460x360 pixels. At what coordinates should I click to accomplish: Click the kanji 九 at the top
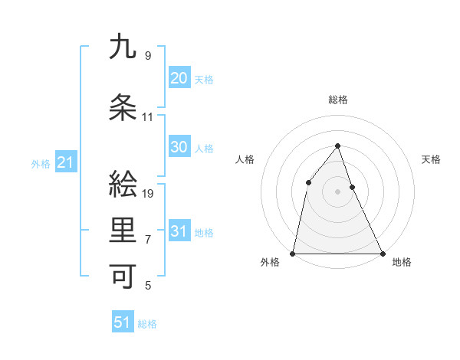(123, 47)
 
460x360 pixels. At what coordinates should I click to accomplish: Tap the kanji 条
(123, 108)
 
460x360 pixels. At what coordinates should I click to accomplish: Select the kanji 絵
(123, 184)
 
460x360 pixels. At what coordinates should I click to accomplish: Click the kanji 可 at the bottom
(123, 277)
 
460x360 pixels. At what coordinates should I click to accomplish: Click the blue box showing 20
(179, 78)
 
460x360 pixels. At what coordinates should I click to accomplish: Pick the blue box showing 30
(179, 147)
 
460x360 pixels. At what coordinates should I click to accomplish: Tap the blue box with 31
(179, 231)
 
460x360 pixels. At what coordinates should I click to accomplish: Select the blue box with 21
(65, 162)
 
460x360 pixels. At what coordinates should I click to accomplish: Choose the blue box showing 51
(123, 322)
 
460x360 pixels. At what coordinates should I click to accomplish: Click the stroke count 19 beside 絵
(149, 193)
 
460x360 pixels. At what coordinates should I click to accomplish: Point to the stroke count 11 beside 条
(148, 117)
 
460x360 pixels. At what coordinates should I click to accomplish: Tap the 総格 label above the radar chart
(338, 100)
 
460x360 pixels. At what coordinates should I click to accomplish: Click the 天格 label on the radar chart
(432, 159)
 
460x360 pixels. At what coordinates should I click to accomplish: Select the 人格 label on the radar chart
(245, 159)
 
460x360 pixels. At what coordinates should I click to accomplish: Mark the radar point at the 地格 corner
(382, 253)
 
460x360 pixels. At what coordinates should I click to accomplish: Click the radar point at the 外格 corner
(293, 253)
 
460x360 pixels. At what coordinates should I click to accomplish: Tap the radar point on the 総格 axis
(337, 146)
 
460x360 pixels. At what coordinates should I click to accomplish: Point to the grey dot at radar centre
(337, 191)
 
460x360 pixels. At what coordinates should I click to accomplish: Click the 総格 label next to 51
(148, 324)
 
